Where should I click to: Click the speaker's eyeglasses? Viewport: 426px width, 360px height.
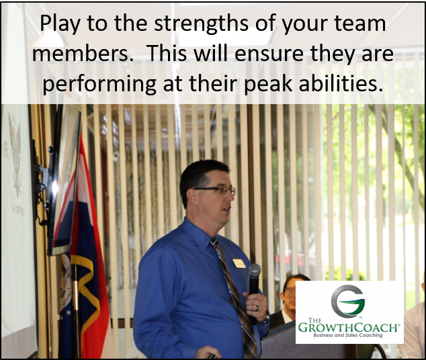[217, 190]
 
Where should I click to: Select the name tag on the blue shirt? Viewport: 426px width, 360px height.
[239, 263]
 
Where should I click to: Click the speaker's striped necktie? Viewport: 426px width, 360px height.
[231, 289]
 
